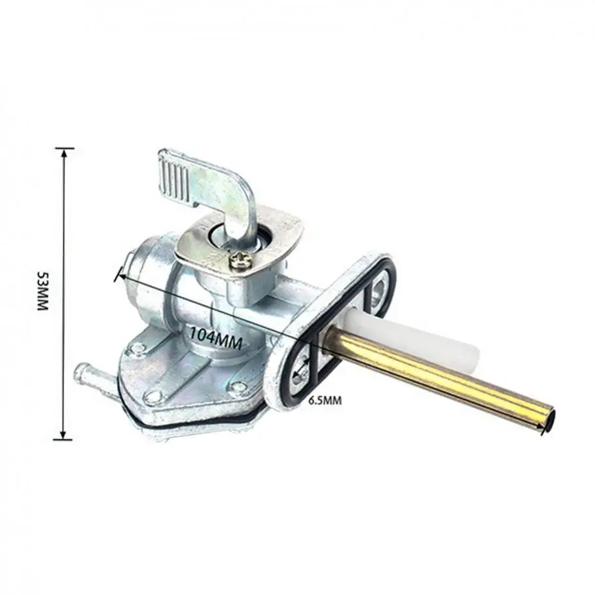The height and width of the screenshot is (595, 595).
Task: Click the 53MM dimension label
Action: tap(43, 291)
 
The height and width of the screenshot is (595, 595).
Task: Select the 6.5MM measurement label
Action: tap(325, 400)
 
